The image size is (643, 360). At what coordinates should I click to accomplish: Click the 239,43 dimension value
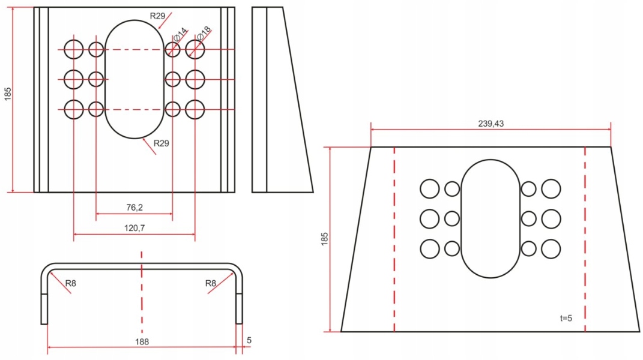tap(491, 124)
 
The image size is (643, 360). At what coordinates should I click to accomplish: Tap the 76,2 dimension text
tap(134, 207)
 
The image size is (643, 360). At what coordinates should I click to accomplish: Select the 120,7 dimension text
tap(134, 229)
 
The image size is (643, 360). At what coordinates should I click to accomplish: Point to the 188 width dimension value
tap(142, 341)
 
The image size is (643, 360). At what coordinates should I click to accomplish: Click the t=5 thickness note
tap(566, 318)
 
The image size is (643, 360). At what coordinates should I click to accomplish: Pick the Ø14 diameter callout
tap(179, 35)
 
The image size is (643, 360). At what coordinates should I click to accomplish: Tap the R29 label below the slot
tap(161, 143)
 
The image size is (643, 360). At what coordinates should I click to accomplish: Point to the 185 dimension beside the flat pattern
tap(325, 239)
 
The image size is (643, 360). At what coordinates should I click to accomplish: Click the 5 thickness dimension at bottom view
tap(249, 340)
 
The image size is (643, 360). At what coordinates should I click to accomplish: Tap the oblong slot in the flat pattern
tap(491, 218)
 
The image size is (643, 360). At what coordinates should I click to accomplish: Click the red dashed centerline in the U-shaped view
tap(142, 300)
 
